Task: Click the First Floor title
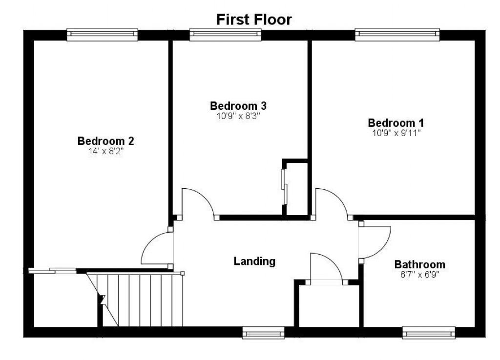pos(254,20)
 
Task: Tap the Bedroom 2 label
pos(105,141)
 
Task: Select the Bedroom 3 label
pos(238,105)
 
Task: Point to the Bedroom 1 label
pos(396,122)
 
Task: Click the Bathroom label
pos(420,264)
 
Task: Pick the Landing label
pos(254,261)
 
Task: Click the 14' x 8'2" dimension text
pos(105,151)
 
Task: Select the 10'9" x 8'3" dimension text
pos(238,116)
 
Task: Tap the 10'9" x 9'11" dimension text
pos(396,133)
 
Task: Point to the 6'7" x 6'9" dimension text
pos(420,275)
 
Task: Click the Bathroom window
pos(429,334)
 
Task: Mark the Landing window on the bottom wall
pos(264,334)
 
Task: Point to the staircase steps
pos(142,300)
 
